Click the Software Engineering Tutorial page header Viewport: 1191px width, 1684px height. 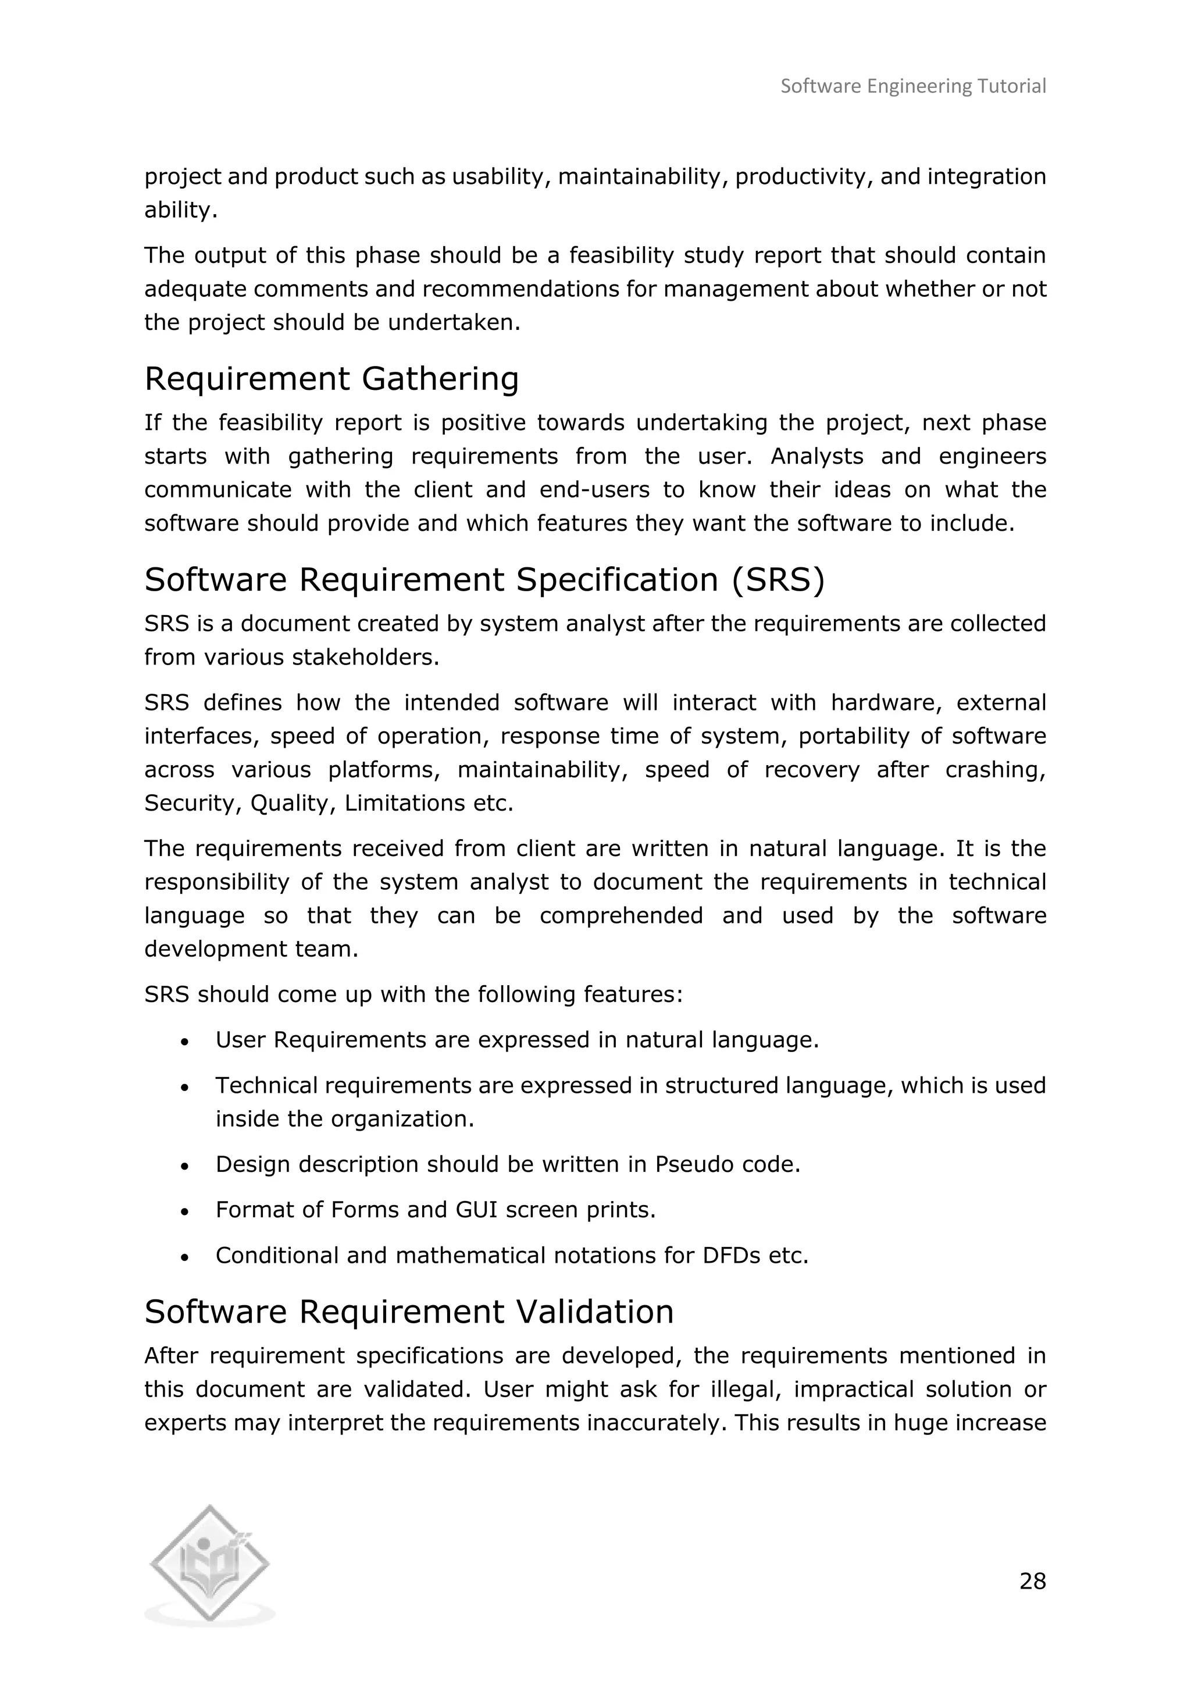click(912, 87)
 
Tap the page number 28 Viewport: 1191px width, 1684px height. click(1032, 1580)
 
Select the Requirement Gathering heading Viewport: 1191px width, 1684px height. click(331, 379)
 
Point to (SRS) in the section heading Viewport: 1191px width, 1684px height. click(778, 580)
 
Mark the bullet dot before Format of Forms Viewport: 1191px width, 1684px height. click(185, 1212)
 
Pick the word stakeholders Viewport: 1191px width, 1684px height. click(365, 658)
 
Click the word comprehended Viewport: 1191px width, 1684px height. click(621, 916)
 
